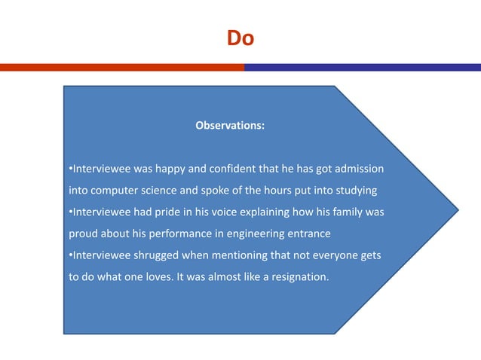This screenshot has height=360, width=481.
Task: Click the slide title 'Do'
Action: (x=240, y=38)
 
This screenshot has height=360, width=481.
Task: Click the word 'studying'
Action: (x=353, y=188)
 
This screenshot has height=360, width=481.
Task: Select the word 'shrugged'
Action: (x=159, y=255)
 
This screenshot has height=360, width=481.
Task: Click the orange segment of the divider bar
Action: (x=121, y=67)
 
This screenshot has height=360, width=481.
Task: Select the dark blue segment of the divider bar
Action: (x=362, y=67)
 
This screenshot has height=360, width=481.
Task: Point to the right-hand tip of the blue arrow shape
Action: (x=457, y=209)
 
